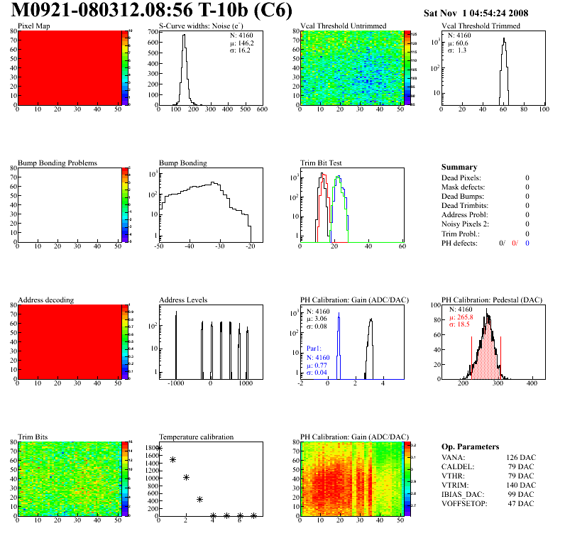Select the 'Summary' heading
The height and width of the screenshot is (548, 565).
[x=459, y=167]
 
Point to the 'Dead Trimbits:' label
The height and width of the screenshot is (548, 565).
[x=466, y=206]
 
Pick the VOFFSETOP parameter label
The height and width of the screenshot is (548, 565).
[x=467, y=503]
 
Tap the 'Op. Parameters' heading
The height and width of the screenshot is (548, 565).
[x=470, y=446]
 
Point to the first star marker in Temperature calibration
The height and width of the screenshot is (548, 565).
[x=159, y=448]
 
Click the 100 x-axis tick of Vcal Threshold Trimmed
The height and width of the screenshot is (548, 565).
[x=544, y=110]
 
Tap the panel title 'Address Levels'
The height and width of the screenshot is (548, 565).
[x=183, y=300]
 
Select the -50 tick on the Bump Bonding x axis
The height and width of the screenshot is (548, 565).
[x=159, y=246]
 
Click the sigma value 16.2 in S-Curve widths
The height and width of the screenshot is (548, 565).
[x=240, y=50]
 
